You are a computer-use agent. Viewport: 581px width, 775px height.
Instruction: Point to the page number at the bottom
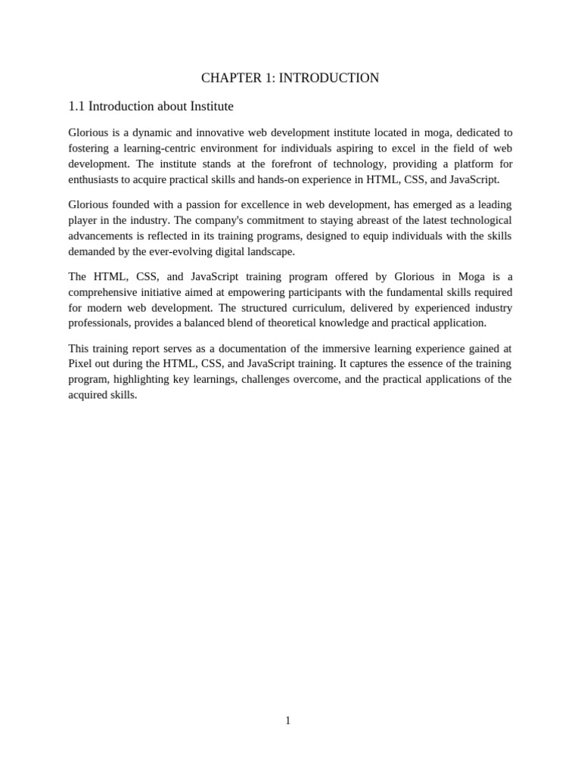point(287,721)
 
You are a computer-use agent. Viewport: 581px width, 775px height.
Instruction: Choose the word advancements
point(100,235)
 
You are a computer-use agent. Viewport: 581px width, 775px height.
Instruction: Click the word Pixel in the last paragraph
point(79,363)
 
